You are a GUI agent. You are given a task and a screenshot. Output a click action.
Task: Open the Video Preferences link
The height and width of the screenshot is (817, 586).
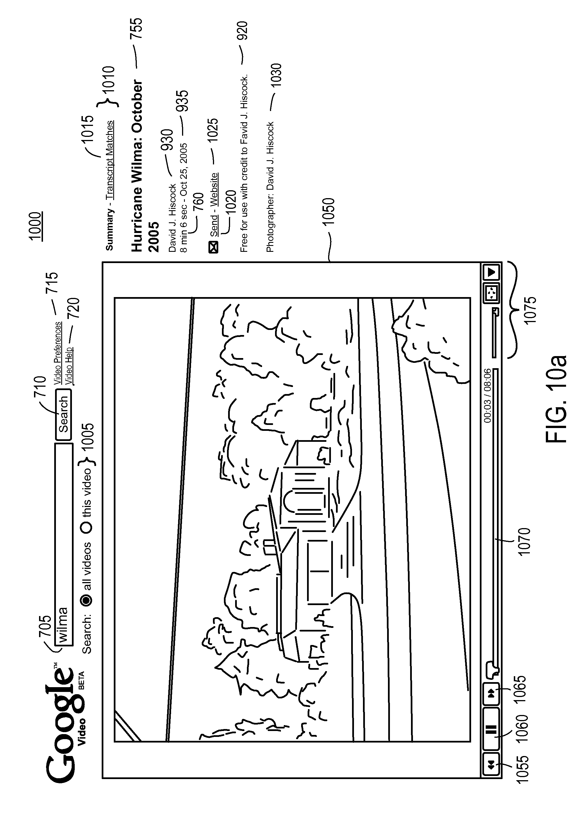(x=58, y=353)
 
